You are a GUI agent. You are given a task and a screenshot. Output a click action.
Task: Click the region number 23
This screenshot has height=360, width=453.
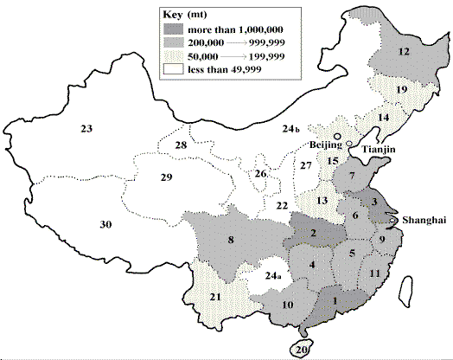pos(86,129)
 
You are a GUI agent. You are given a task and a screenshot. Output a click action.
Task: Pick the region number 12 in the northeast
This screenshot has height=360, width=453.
pos(403,52)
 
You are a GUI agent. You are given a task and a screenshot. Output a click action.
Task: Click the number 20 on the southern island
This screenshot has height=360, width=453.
pos(301,350)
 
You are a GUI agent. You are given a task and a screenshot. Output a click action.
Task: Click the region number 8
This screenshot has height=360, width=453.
pos(231,241)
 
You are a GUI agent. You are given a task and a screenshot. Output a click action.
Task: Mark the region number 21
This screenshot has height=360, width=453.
pos(215,298)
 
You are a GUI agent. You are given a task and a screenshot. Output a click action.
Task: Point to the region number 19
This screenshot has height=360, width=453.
pos(401,90)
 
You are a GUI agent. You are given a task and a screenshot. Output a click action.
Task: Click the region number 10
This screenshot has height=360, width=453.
pos(289,305)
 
